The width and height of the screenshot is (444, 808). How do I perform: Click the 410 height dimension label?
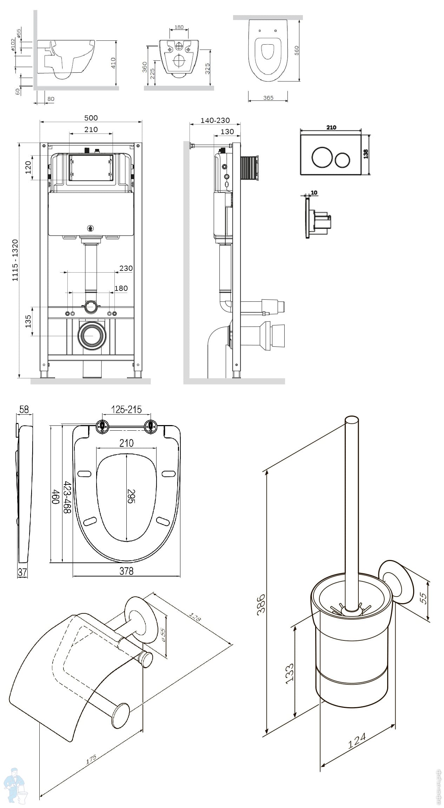pyautogui.click(x=113, y=63)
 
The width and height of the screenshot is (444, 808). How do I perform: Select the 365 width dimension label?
pyautogui.click(x=268, y=98)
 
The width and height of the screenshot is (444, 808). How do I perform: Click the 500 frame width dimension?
pyautogui.click(x=91, y=118)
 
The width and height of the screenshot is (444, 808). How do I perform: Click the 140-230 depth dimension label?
pyautogui.click(x=215, y=120)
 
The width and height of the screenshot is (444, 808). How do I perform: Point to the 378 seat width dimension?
pyautogui.click(x=126, y=571)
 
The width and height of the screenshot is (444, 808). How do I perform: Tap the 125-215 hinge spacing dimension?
pyautogui.click(x=126, y=409)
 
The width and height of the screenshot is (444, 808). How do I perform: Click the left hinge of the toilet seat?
pyautogui.click(x=102, y=426)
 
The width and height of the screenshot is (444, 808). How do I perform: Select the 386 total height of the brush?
pyautogui.click(x=260, y=604)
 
